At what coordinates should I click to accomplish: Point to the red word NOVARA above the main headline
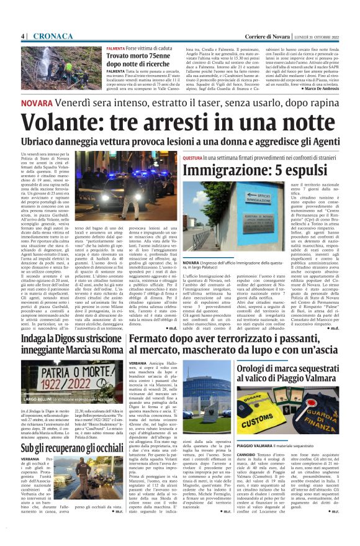tap(36, 102)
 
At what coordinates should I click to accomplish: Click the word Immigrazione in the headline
tap(224, 170)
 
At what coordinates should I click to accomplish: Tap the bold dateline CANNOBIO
tap(251, 453)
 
